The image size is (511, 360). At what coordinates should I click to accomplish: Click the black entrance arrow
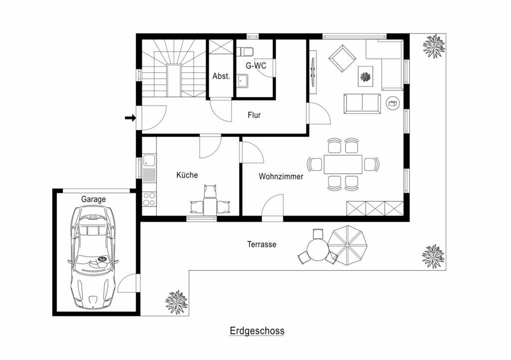pyautogui.click(x=130, y=118)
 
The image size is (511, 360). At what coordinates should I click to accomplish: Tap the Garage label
pyautogui.click(x=93, y=199)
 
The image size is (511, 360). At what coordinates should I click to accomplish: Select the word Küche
pyautogui.click(x=187, y=175)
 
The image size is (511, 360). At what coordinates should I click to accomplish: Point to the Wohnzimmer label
pyautogui.click(x=281, y=176)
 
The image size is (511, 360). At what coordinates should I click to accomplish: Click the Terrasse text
pyautogui.click(x=261, y=244)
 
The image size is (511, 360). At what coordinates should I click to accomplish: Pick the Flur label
pyautogui.click(x=254, y=115)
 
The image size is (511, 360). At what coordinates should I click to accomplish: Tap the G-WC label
pyautogui.click(x=256, y=65)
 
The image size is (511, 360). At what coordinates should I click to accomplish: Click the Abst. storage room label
pyautogui.click(x=221, y=76)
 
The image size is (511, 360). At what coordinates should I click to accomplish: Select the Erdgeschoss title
pyautogui.click(x=257, y=331)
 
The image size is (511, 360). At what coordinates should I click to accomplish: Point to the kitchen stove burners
pyautogui.click(x=149, y=199)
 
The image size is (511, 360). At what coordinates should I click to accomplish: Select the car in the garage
pyautogui.click(x=93, y=258)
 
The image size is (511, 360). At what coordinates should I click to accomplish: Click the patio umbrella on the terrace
pyautogui.click(x=347, y=245)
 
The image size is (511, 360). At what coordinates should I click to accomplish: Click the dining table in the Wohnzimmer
pyautogui.click(x=343, y=164)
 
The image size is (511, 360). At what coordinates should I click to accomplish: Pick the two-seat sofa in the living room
pyautogui.click(x=362, y=104)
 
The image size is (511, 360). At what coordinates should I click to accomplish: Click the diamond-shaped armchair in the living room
pyautogui.click(x=342, y=59)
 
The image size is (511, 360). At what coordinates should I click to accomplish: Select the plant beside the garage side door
pyautogui.click(x=176, y=302)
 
